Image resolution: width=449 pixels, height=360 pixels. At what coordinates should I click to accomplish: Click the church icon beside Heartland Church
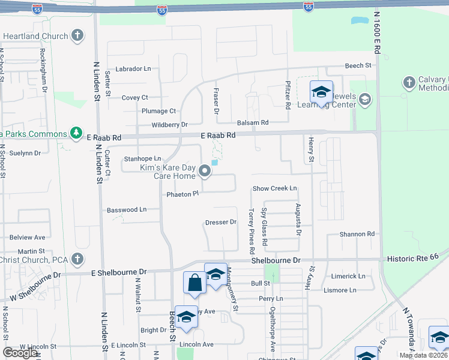tap(77, 36)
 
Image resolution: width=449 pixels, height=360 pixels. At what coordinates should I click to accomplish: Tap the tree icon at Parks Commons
tap(76, 133)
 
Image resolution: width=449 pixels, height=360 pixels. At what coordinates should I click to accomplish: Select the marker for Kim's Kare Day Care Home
tap(205, 172)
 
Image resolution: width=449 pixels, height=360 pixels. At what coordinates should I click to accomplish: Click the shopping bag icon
tap(195, 283)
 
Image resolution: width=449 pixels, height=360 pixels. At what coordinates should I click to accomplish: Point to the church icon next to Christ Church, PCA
tap(77, 259)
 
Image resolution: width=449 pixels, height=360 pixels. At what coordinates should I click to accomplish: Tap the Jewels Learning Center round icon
tap(364, 100)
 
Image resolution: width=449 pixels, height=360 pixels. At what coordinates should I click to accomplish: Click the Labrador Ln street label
tap(133, 69)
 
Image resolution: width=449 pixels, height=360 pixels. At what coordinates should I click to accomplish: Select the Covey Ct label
tap(134, 98)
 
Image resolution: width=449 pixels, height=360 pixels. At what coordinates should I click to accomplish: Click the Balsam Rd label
tap(252, 122)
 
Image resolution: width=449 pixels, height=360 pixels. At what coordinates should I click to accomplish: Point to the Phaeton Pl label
tap(182, 194)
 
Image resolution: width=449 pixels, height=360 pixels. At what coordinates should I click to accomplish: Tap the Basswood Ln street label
tap(127, 210)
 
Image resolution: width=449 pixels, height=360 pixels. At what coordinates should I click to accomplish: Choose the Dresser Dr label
tap(221, 222)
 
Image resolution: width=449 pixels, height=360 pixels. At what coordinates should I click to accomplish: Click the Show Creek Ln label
tap(275, 188)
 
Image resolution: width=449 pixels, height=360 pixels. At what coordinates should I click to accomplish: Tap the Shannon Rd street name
tap(357, 234)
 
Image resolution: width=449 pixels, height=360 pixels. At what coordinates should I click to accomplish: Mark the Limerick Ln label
tap(348, 276)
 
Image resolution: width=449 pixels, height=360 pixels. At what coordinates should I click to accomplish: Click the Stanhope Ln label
tap(143, 158)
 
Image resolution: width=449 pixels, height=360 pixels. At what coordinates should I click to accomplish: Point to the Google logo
tap(20, 353)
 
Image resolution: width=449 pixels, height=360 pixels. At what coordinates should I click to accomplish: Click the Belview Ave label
tap(28, 238)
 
